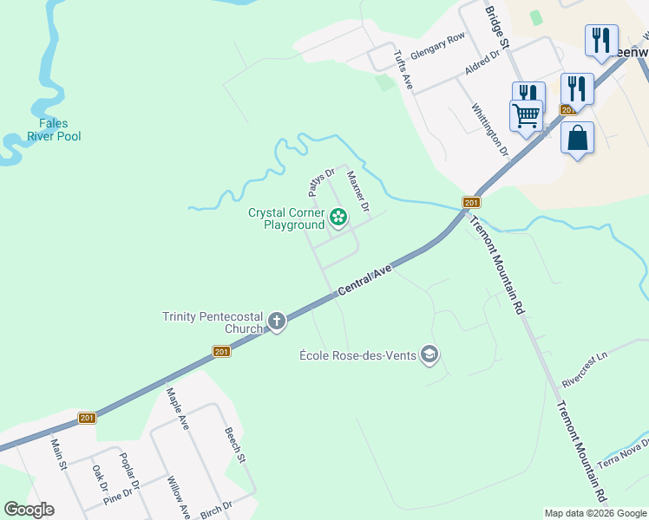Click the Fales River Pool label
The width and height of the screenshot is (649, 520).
tap(54, 130)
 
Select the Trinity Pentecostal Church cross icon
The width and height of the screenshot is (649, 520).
tap(277, 322)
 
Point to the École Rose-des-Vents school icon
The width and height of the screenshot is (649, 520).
tap(429, 354)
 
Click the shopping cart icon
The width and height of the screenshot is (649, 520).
tap(526, 115)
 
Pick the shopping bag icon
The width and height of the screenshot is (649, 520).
tap(577, 139)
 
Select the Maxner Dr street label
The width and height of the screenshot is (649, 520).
tap(358, 191)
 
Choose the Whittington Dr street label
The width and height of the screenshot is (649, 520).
tap(488, 130)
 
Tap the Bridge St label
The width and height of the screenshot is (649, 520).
tap(496, 26)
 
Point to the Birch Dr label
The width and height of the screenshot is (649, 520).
tap(215, 508)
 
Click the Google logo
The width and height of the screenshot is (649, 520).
tap(29, 510)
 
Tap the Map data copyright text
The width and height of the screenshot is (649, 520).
tap(596, 513)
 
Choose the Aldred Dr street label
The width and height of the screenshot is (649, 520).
tap(482, 62)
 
